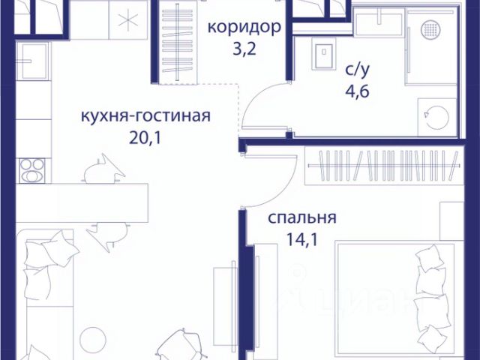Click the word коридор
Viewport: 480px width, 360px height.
(244, 28)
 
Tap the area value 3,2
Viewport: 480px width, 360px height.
(244, 52)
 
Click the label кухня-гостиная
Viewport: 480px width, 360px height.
(145, 116)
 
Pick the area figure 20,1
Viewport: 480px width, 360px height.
(145, 139)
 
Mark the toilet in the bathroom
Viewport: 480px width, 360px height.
(325, 54)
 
